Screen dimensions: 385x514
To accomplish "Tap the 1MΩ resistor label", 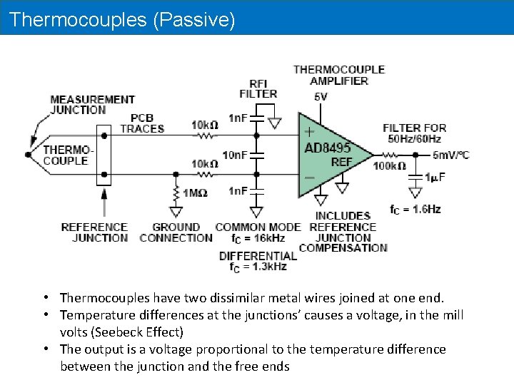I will click(195, 192).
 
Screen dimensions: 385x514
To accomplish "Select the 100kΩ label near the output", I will click(389, 166).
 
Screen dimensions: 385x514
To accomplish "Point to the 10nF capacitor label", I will click(235, 155).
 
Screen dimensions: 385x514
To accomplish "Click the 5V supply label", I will click(321, 96).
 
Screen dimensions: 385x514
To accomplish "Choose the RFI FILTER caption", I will click(258, 88).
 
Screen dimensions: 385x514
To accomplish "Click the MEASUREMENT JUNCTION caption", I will click(92, 105).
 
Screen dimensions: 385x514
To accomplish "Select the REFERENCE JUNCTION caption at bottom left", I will click(94, 232).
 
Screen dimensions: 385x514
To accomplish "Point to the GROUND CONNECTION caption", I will click(176, 232).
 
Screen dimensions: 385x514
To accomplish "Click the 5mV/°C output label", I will click(450, 155).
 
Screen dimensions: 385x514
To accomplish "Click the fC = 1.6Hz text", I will click(415, 209).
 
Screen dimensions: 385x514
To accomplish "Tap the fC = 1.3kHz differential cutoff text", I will click(258, 267).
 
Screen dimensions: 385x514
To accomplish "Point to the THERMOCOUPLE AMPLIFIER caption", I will click(339, 75).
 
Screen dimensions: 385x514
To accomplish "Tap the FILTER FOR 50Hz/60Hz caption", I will click(415, 133).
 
